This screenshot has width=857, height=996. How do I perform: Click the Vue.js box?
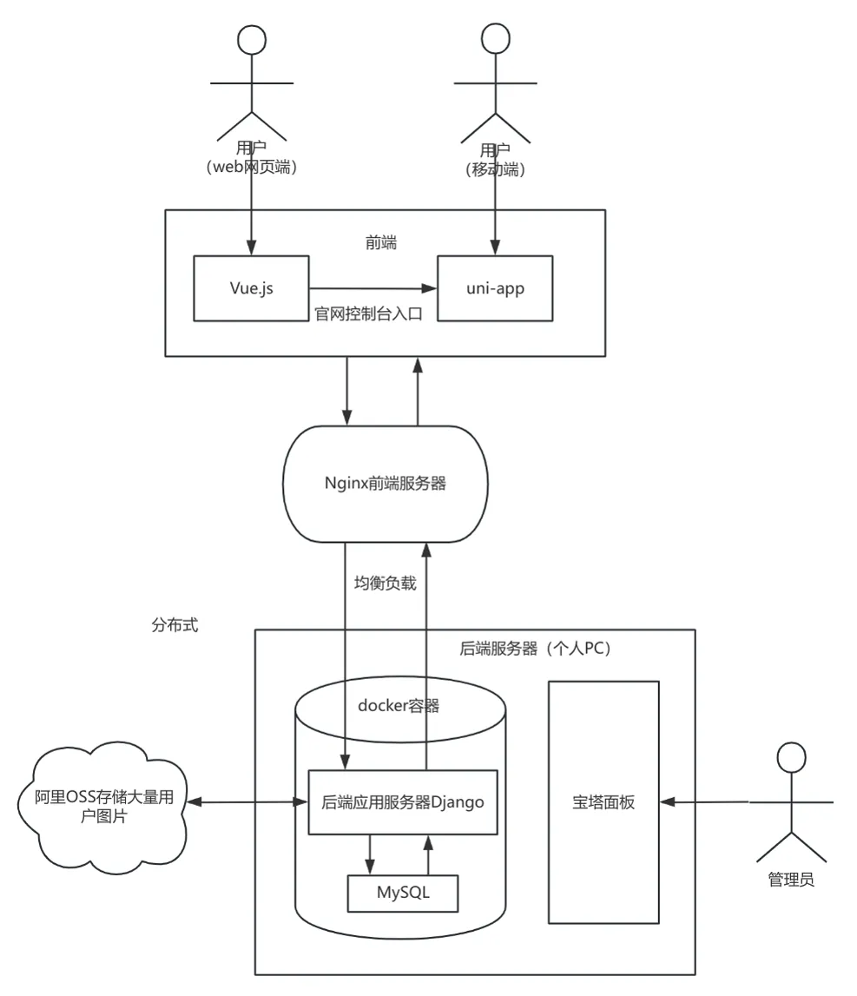coord(250,287)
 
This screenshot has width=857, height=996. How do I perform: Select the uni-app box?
coord(494,287)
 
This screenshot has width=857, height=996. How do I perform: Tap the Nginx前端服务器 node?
coord(386,484)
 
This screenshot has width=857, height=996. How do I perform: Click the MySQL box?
coord(402,893)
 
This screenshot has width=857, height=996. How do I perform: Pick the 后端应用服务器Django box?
coord(402,802)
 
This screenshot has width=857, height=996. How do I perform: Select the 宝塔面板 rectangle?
coord(603,802)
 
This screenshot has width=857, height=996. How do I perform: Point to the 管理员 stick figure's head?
coord(790,757)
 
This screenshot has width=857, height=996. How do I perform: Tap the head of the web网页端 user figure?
coord(251,41)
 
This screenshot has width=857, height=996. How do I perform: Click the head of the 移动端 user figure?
coord(494,41)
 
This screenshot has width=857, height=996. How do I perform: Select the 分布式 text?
coord(175,624)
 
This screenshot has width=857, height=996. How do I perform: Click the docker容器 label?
coord(399,706)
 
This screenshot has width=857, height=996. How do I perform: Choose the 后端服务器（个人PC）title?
coord(535,650)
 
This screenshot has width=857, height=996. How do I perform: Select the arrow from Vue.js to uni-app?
coord(373,287)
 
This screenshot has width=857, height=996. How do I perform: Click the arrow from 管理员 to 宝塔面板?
coord(703,802)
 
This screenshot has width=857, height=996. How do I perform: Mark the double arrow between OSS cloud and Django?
coord(250,802)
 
